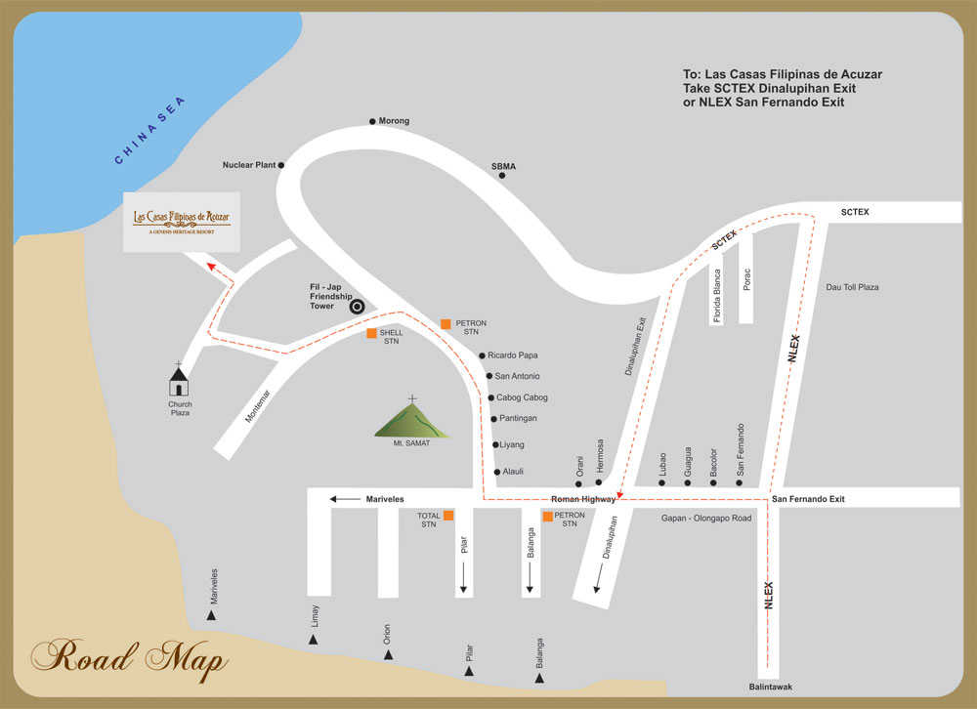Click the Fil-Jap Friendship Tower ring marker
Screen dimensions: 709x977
[x=358, y=306]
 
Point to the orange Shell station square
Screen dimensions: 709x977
[x=371, y=333]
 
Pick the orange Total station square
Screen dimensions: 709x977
[x=447, y=515]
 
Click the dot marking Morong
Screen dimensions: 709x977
[x=372, y=122]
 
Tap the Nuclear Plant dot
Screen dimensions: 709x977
[x=281, y=165]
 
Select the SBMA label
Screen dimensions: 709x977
[x=503, y=166]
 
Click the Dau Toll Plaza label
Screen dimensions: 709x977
[x=852, y=287]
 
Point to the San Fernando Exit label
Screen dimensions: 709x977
[x=808, y=499]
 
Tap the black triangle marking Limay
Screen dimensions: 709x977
[x=314, y=640]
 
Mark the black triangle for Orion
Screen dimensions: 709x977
[x=388, y=654]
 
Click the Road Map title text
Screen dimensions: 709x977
[x=131, y=659]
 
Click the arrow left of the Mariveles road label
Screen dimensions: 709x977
[x=344, y=499]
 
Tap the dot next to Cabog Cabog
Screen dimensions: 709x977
[x=490, y=397]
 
